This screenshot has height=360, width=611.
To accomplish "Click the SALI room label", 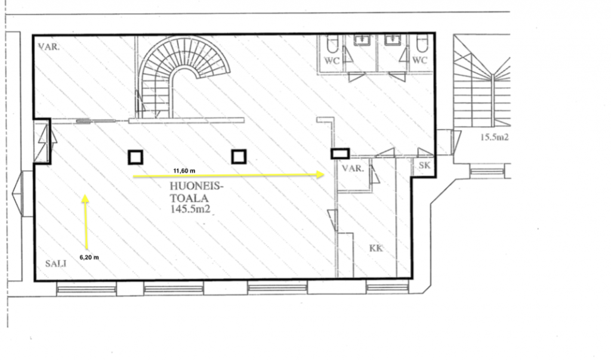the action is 55,264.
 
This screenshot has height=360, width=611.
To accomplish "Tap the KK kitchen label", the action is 376,248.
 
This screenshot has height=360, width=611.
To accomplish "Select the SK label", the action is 424,165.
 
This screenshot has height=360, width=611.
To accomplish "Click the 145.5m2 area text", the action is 190,209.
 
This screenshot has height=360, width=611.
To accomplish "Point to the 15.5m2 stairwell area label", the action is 494,137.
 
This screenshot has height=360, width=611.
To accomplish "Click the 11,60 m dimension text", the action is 184,171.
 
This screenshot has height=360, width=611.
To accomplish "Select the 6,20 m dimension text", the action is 90,257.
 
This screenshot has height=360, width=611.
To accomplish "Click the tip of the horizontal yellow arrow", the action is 325,174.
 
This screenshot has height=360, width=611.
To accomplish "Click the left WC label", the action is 332,61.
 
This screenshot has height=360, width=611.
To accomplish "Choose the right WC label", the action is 419,60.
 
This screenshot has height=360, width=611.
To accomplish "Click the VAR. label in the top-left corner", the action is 49,47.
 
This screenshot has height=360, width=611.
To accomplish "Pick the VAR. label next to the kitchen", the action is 353,168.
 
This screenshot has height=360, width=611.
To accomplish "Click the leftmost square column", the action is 135,158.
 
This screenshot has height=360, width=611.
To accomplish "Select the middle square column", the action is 239,157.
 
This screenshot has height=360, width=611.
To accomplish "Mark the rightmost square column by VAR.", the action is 340,153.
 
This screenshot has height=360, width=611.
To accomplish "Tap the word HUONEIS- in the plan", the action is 197,186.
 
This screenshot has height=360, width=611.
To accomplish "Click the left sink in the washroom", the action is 362,40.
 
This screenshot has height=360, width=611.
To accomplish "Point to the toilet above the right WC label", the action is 422,44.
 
